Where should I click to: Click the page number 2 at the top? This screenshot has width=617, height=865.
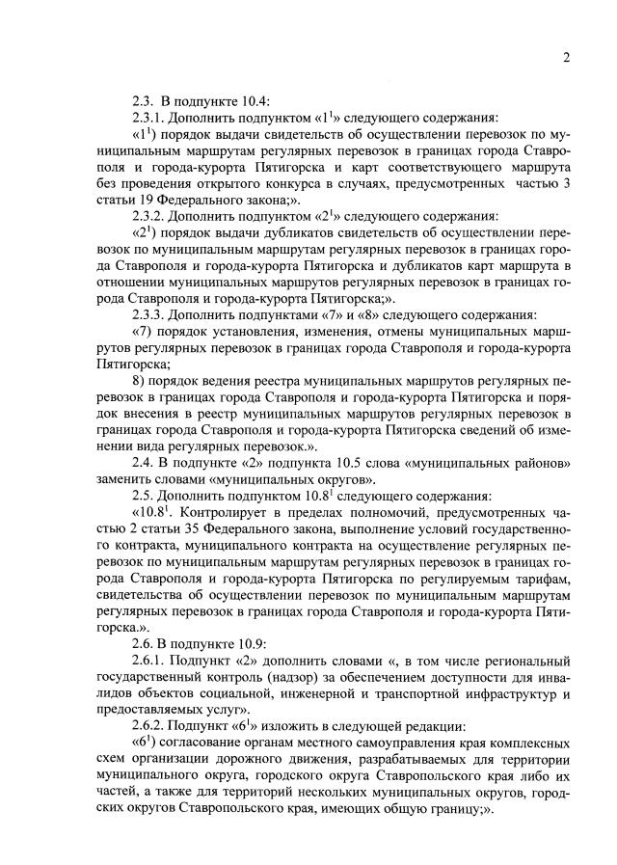pyautogui.click(x=567, y=57)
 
